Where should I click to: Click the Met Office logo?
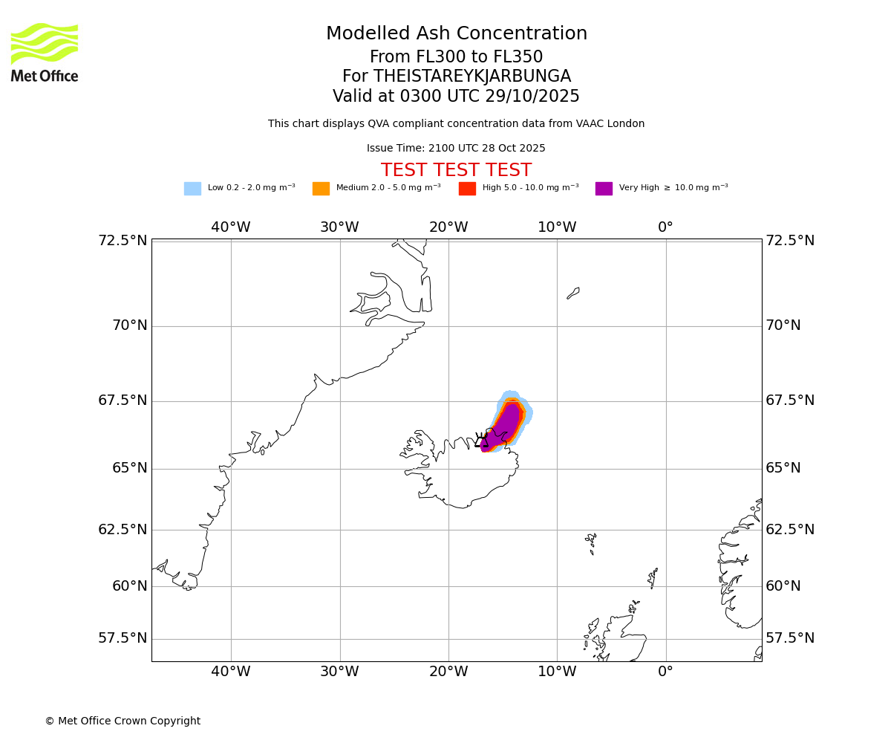tap(45, 52)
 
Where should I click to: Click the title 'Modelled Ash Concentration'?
tap(456, 33)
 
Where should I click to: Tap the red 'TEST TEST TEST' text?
tap(456, 170)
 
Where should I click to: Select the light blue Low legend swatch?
tap(192, 188)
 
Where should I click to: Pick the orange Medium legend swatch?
tap(321, 188)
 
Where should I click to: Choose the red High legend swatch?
tap(467, 188)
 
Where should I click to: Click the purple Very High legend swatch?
tap(604, 188)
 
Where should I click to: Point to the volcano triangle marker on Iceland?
tap(481, 441)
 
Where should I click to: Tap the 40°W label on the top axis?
tap(230, 227)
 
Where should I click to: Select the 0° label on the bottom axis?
tap(665, 672)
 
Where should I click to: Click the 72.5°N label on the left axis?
tap(123, 241)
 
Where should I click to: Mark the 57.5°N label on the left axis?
tap(123, 638)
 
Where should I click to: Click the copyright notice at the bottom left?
tap(123, 721)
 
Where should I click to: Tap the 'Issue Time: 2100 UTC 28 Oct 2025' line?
tap(456, 148)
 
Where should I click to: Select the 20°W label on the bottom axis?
tap(448, 672)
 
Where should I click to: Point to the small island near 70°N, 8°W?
tap(573, 293)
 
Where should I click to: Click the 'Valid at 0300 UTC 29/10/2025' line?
tap(456, 96)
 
